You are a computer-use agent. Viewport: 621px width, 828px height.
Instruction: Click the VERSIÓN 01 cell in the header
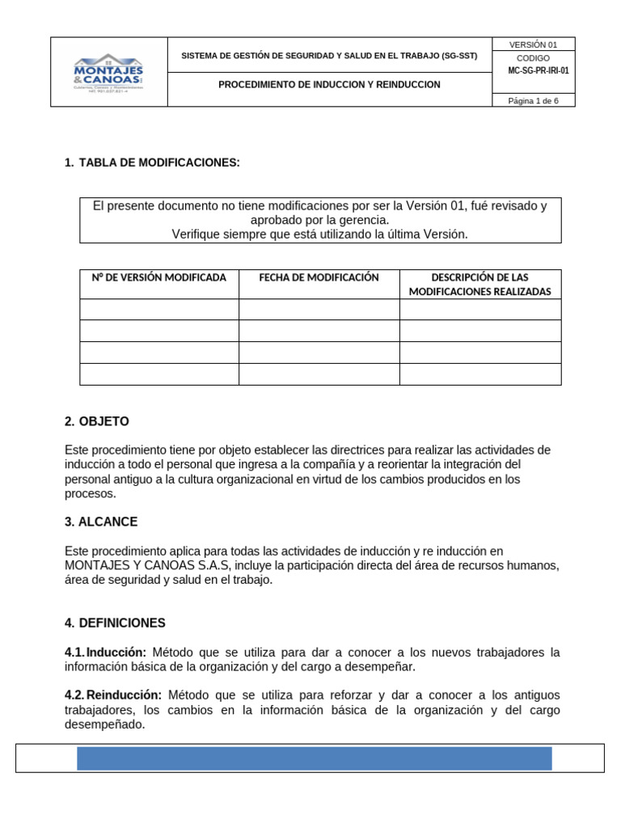pos(533,44)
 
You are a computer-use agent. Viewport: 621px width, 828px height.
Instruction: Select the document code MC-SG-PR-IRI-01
pos(538,70)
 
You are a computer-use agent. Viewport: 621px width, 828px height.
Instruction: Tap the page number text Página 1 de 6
pos(533,100)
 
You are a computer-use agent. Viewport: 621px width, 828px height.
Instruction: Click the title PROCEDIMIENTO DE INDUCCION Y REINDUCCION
pos(329,85)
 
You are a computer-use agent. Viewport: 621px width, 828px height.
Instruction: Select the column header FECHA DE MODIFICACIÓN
pos(319,277)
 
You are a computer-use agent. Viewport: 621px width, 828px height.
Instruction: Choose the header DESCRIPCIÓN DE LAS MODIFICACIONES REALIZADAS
pos(479,284)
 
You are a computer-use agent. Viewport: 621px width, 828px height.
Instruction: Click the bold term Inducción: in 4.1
pos(116,653)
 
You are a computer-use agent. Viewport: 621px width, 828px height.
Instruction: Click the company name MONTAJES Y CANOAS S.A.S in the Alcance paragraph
pos(148,565)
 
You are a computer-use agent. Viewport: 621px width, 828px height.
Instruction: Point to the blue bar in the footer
pos(314,758)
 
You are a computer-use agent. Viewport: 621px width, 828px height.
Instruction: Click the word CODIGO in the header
pos(533,59)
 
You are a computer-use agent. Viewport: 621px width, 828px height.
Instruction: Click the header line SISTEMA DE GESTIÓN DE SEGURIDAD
pos(329,56)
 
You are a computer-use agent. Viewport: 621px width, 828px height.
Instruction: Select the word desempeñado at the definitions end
pos(104,724)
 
